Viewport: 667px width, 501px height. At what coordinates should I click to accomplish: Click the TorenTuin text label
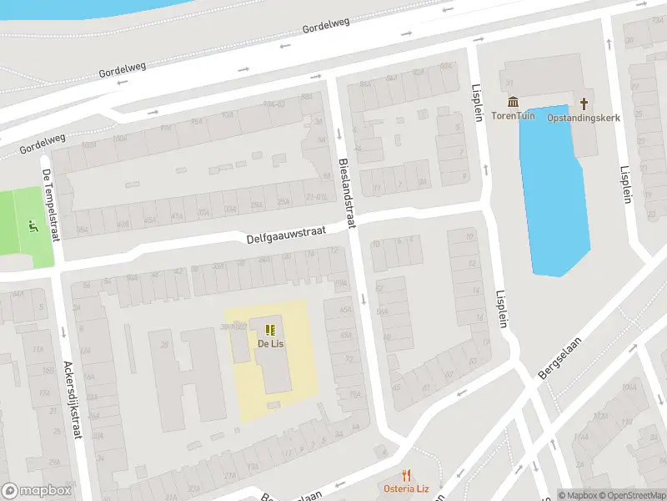tap(514, 116)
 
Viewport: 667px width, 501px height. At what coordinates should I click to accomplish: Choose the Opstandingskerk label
tap(584, 118)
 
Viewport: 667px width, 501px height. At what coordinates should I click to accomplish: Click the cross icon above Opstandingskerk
tap(584, 104)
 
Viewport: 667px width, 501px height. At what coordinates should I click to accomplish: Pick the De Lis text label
tap(269, 343)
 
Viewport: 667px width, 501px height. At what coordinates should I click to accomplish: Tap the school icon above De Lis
tap(269, 330)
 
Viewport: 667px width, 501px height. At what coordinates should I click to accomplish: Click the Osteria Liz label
tap(406, 488)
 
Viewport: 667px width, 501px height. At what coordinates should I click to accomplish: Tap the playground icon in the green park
tap(33, 225)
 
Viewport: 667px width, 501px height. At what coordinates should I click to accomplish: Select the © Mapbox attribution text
tap(577, 495)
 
